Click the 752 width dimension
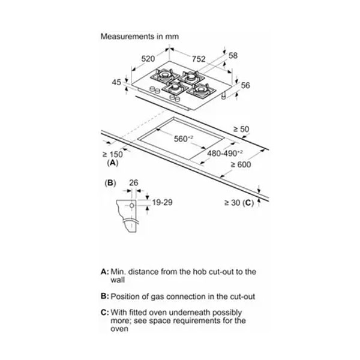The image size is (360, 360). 199,59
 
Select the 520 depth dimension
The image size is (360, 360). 148,59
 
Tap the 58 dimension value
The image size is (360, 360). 233,55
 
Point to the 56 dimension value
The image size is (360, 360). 245,85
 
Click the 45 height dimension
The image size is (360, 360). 116,82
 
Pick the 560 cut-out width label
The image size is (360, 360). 183,139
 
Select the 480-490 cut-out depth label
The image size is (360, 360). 225,153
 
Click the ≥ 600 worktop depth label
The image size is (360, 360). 241,164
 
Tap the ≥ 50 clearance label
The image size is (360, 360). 241,129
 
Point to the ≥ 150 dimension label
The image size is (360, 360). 113,154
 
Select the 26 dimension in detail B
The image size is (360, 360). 134,183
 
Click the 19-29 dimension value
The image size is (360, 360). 163,202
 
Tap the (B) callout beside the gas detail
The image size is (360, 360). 110,183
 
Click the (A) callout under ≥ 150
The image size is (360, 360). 113,163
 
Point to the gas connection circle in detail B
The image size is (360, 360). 132,205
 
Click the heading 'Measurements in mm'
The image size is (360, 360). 140,37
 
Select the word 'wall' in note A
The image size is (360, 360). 118,280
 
